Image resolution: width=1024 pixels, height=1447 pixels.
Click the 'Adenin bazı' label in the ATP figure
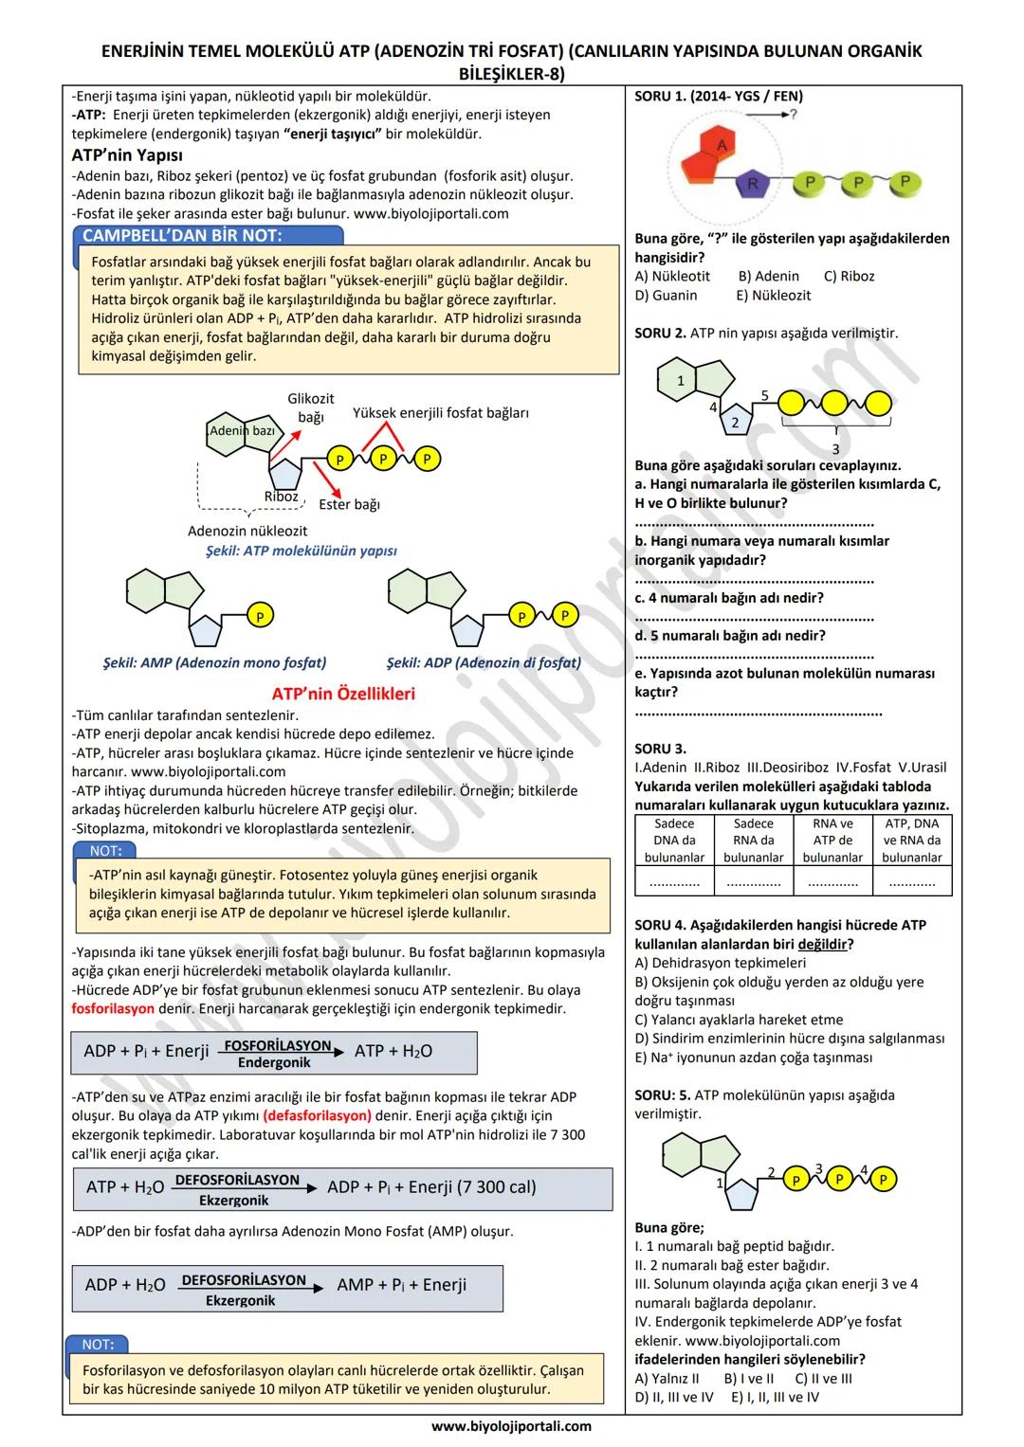tap(243, 430)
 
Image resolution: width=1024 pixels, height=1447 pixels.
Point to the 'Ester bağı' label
tap(349, 504)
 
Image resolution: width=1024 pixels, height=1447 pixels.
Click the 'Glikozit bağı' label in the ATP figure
tap(311, 407)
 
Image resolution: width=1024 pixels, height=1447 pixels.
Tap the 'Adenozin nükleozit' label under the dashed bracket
tap(247, 531)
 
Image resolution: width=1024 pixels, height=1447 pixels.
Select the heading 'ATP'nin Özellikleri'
tap(343, 694)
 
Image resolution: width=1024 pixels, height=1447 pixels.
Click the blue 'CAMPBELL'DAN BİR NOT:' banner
tap(182, 236)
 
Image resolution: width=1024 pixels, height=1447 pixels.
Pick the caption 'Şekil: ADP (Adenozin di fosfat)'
tap(484, 662)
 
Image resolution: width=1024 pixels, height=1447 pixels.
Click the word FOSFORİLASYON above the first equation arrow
tap(278, 1046)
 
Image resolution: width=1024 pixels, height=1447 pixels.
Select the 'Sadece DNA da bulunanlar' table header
tap(674, 841)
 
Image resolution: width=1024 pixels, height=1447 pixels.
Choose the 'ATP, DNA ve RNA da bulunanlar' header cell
tap(912, 841)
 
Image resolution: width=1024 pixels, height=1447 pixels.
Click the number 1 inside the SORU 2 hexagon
tap(680, 381)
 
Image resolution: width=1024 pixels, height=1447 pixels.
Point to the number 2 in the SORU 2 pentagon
tap(735, 423)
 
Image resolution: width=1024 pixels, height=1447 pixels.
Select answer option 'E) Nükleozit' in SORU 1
tap(773, 295)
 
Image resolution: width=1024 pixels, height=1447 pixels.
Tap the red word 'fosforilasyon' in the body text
tap(113, 1008)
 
